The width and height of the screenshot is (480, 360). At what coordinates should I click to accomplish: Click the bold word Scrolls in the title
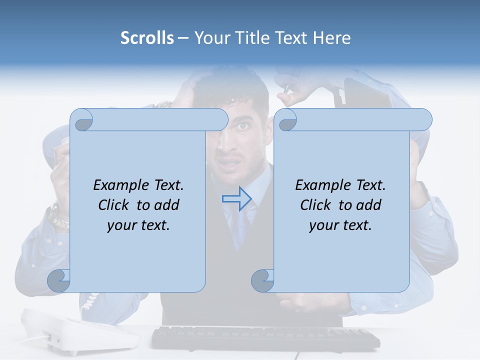click(147, 38)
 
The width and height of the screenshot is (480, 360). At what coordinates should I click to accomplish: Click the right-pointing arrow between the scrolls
click(236, 199)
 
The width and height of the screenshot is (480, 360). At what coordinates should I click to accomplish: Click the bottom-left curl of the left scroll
click(59, 280)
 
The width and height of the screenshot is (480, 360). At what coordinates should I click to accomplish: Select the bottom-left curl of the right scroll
click(262, 280)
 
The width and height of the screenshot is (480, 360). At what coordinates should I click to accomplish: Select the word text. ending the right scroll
click(356, 225)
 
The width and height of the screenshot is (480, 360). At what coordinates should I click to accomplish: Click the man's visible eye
click(243, 126)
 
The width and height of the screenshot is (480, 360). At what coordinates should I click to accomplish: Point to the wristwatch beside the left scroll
click(58, 216)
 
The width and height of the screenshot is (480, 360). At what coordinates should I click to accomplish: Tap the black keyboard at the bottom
click(265, 338)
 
